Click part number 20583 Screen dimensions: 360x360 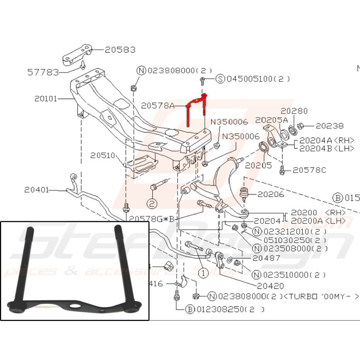[x=120, y=49]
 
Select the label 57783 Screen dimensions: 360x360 [x=43, y=72]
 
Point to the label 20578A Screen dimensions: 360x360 [x=158, y=105]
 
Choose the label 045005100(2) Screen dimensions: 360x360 [x=258, y=79]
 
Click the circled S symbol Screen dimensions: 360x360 [x=220, y=79]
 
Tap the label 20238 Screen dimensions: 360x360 [x=329, y=125]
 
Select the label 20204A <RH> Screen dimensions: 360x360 [x=327, y=140]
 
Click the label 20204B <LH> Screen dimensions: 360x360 [x=327, y=147]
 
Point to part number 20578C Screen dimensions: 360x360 [x=309, y=169]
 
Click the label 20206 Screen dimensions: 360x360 [x=271, y=194]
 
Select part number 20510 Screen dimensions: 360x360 [x=103, y=155]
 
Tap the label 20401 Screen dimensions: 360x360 [x=36, y=189]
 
